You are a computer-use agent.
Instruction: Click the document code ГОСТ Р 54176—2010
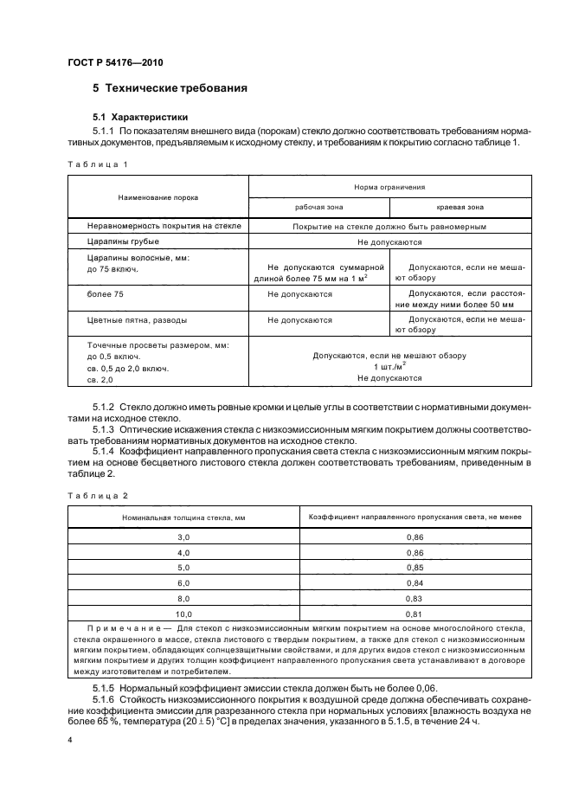(114, 63)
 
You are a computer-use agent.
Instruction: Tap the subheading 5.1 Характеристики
(140, 116)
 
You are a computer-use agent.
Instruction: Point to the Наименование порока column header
(158, 196)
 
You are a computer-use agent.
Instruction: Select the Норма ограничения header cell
(389, 186)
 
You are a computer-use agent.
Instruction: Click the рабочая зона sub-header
(318, 208)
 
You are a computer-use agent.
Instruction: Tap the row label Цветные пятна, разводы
(137, 319)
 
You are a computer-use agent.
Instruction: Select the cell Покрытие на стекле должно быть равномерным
(389, 226)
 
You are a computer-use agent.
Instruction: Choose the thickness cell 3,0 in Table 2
(183, 537)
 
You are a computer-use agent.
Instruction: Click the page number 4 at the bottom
(70, 741)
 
